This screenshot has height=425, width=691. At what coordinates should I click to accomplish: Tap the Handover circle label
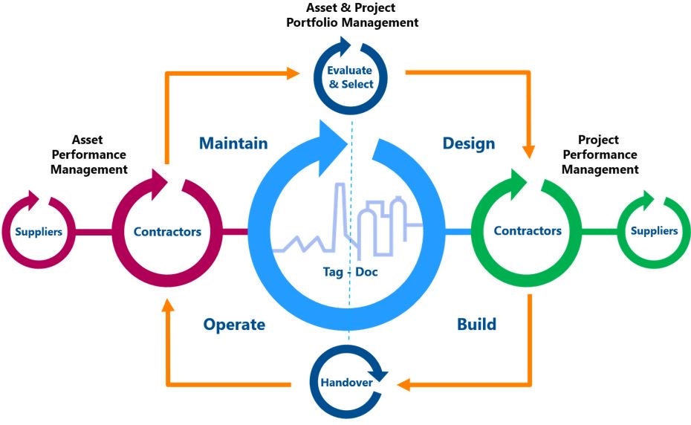(348, 383)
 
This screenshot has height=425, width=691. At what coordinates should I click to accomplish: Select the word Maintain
(233, 143)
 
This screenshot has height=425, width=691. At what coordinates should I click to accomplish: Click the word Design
(468, 143)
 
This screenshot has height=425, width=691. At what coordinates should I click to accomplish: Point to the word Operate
(234, 325)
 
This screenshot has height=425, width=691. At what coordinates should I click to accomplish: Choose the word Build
(476, 325)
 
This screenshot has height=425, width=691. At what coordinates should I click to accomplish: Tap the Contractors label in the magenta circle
(167, 232)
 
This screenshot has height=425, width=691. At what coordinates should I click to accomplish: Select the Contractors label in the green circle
(528, 231)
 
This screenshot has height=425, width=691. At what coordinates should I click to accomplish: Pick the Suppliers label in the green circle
(654, 231)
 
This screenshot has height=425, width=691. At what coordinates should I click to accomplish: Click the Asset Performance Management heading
(100, 155)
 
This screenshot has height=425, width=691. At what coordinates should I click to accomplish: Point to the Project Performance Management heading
(600, 155)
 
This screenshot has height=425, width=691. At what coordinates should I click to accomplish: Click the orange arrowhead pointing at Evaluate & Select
(293, 73)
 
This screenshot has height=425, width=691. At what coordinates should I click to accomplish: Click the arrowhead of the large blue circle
(331, 138)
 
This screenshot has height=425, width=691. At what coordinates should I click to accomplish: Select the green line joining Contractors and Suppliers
(599, 232)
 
